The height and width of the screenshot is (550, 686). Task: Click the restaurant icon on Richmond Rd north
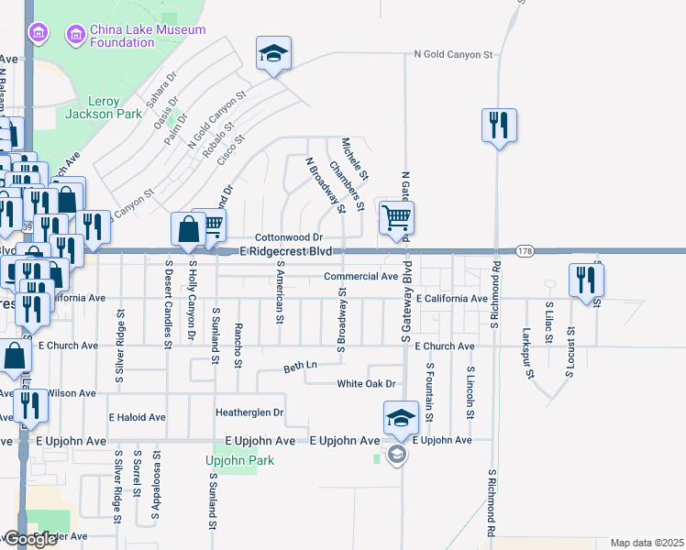pos(499,126)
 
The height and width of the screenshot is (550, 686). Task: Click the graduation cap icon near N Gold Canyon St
pos(273,54)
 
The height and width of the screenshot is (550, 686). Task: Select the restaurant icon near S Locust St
pos(586,280)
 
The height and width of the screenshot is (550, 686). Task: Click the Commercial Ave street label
pos(360,276)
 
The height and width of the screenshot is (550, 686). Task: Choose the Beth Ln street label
pos(300,365)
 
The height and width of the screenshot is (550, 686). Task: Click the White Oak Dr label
pos(366,384)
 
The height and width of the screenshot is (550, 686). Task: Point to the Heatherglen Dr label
pos(249,412)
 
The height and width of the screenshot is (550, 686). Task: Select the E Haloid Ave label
pos(137,417)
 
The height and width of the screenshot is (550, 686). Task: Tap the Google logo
pos(29,539)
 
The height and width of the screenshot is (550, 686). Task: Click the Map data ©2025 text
pos(647,543)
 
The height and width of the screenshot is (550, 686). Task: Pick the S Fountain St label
pos(429,390)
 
